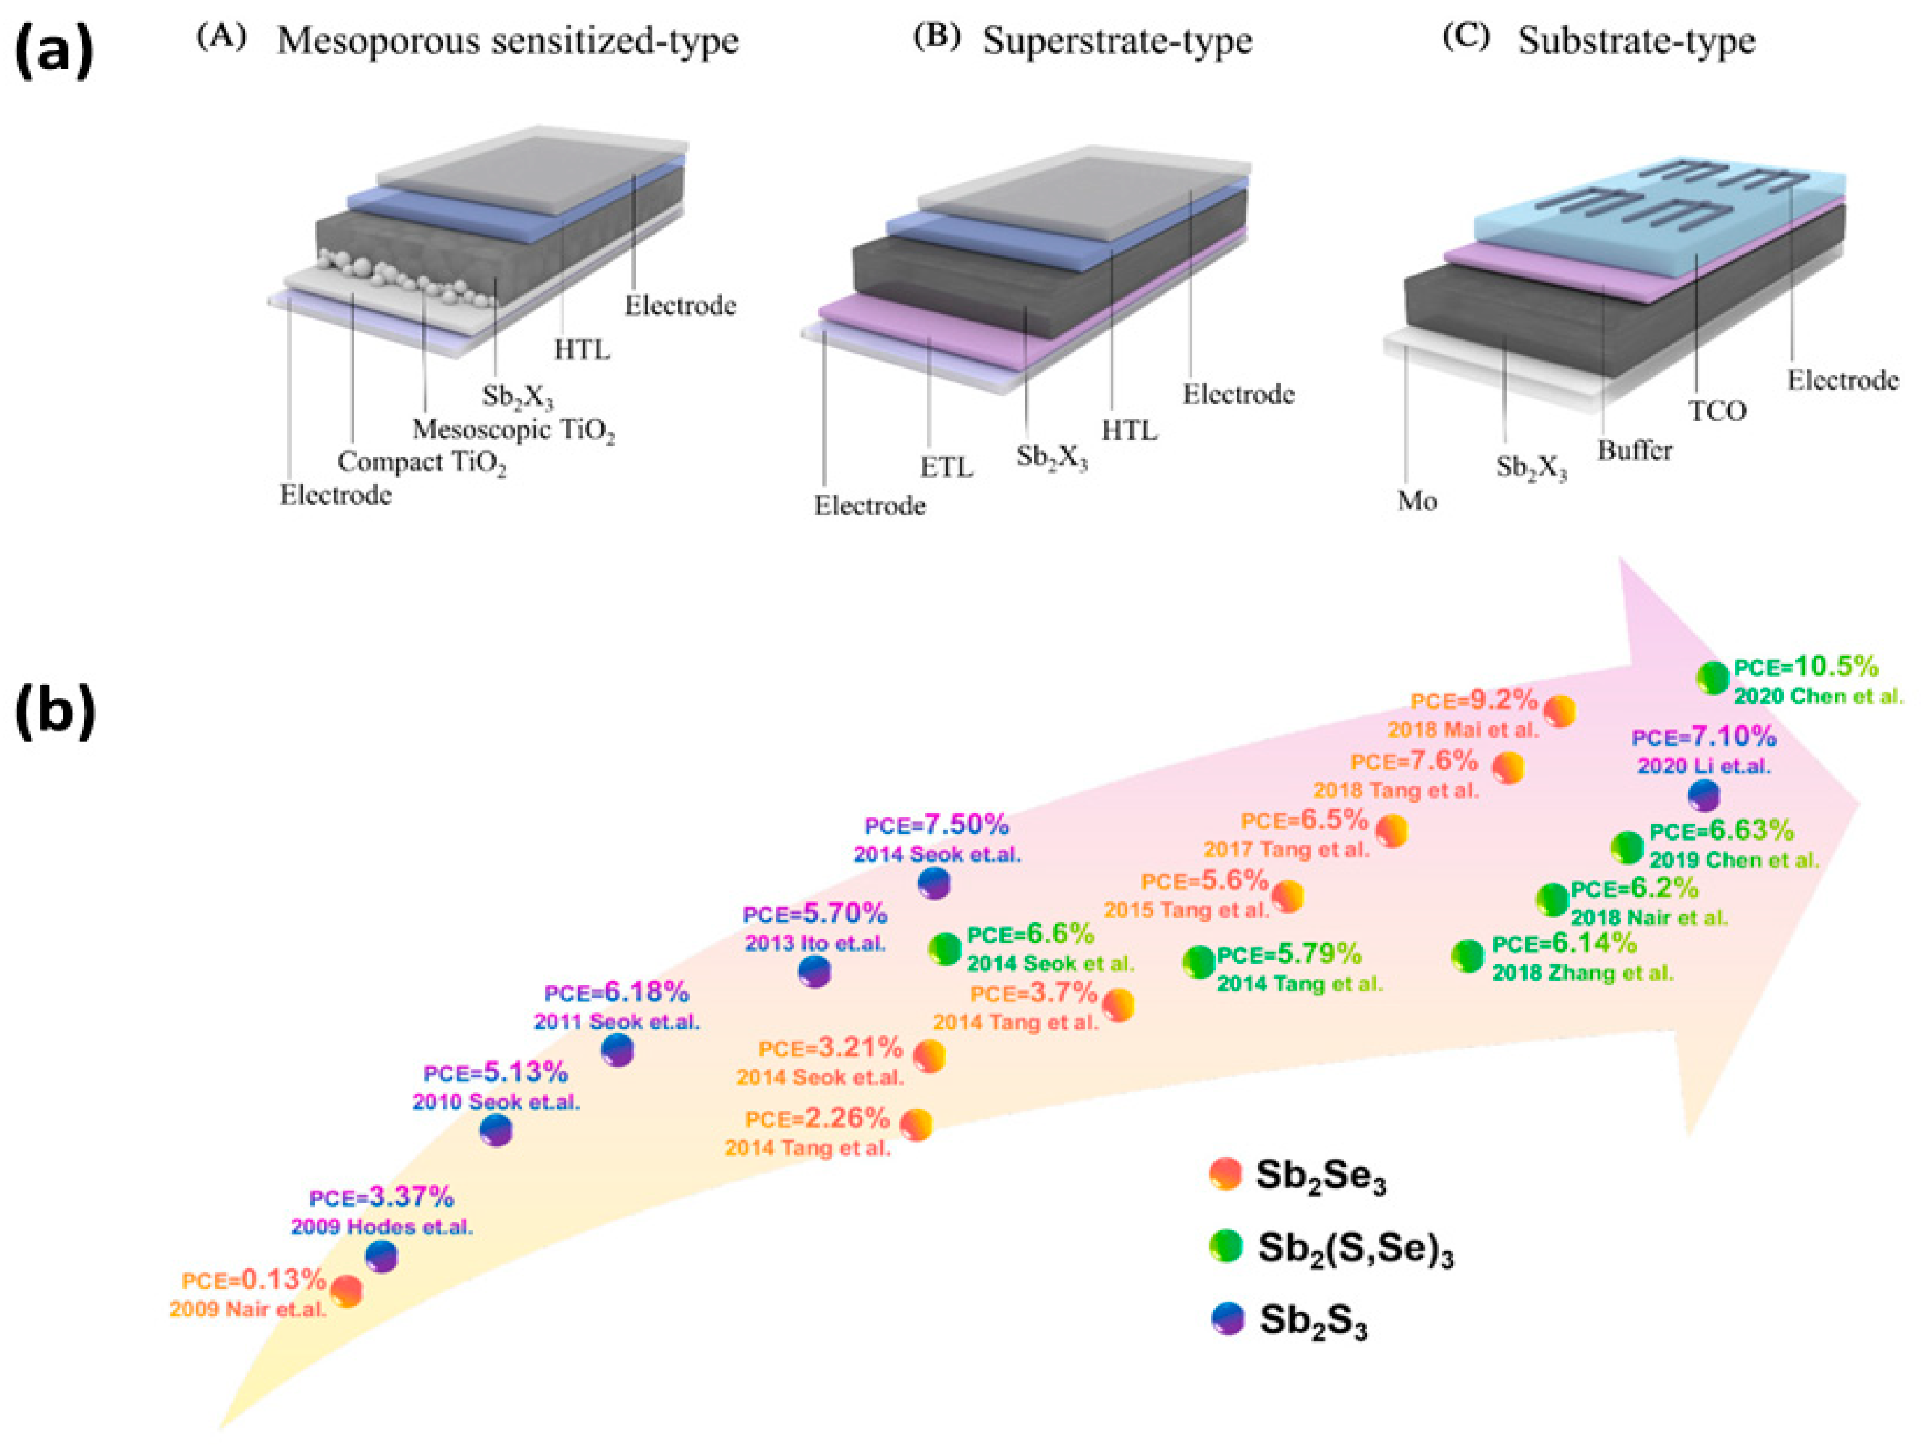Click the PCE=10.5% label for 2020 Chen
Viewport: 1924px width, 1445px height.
pyautogui.click(x=1806, y=667)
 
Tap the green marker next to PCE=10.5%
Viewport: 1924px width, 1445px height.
pyautogui.click(x=1713, y=677)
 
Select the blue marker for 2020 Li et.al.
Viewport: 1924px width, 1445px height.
pyautogui.click(x=1703, y=795)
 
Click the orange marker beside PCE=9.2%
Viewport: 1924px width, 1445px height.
pyautogui.click(x=1559, y=711)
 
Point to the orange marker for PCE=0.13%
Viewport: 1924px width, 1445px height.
pyautogui.click(x=346, y=1291)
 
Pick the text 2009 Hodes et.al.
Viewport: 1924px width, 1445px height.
pyautogui.click(x=382, y=1227)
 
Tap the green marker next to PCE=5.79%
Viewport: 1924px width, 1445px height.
pyautogui.click(x=1199, y=962)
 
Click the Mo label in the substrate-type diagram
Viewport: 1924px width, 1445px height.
pyautogui.click(x=1417, y=501)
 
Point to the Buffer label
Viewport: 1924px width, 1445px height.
pyautogui.click(x=1634, y=451)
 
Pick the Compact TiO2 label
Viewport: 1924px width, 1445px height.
pyautogui.click(x=422, y=463)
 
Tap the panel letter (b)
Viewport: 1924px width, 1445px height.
pyautogui.click(x=54, y=711)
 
